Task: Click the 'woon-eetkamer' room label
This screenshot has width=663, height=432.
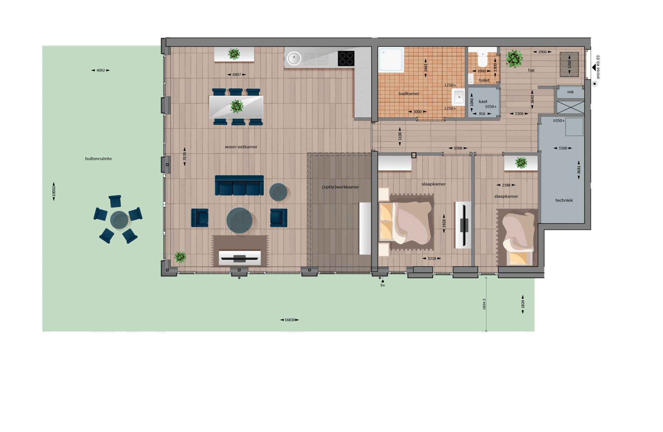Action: (x=241, y=147)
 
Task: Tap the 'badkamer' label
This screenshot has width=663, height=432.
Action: (x=409, y=94)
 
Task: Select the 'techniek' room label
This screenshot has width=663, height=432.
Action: (x=564, y=200)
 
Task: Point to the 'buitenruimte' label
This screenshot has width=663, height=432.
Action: (x=98, y=159)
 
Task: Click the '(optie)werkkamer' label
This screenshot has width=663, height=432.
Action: (x=340, y=187)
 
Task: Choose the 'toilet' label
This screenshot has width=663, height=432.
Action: (x=484, y=80)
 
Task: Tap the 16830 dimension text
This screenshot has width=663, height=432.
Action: (x=290, y=320)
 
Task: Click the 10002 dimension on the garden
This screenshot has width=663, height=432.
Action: (x=54, y=191)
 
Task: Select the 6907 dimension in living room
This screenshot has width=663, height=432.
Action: (x=237, y=75)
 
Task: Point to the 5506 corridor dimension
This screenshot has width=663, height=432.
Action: (x=458, y=148)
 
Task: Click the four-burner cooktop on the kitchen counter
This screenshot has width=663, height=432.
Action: (x=346, y=59)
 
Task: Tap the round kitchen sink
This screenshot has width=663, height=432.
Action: (x=294, y=59)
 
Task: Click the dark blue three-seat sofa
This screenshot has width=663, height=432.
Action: (x=239, y=185)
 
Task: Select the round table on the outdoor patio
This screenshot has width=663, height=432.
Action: (x=119, y=220)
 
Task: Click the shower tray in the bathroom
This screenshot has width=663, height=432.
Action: (x=391, y=60)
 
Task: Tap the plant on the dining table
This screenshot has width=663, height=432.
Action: (x=237, y=106)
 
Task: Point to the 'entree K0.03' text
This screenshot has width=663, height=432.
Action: (x=598, y=67)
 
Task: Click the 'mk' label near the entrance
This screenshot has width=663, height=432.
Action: (x=570, y=92)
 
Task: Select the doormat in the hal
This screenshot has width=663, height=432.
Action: (x=569, y=64)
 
